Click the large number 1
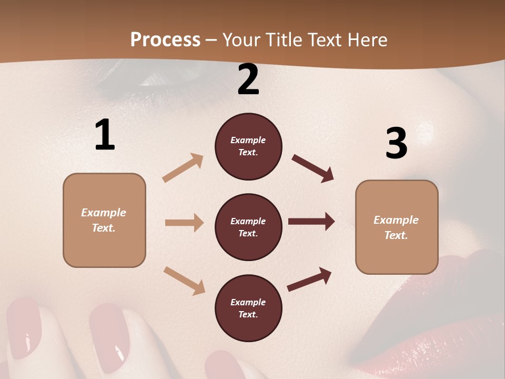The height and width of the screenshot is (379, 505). pos(105,135)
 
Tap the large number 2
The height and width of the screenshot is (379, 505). pos(248,80)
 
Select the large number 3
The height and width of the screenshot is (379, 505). pos(396,144)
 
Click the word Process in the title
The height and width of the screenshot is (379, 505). pos(165,39)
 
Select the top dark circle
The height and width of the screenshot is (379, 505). pos(248,146)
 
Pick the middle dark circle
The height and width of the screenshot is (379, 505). pos(248,227)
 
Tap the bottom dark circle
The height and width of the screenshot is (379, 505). pos(248,308)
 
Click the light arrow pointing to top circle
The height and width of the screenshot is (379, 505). pos(183,168)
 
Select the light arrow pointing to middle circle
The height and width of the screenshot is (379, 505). pos(184,223)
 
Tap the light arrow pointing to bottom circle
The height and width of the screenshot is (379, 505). pos(184,280)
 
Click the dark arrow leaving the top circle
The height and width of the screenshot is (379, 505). pos(313,168)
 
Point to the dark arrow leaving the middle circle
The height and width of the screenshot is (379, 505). pos(311,222)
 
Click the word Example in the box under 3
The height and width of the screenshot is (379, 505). pos(396,220)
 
